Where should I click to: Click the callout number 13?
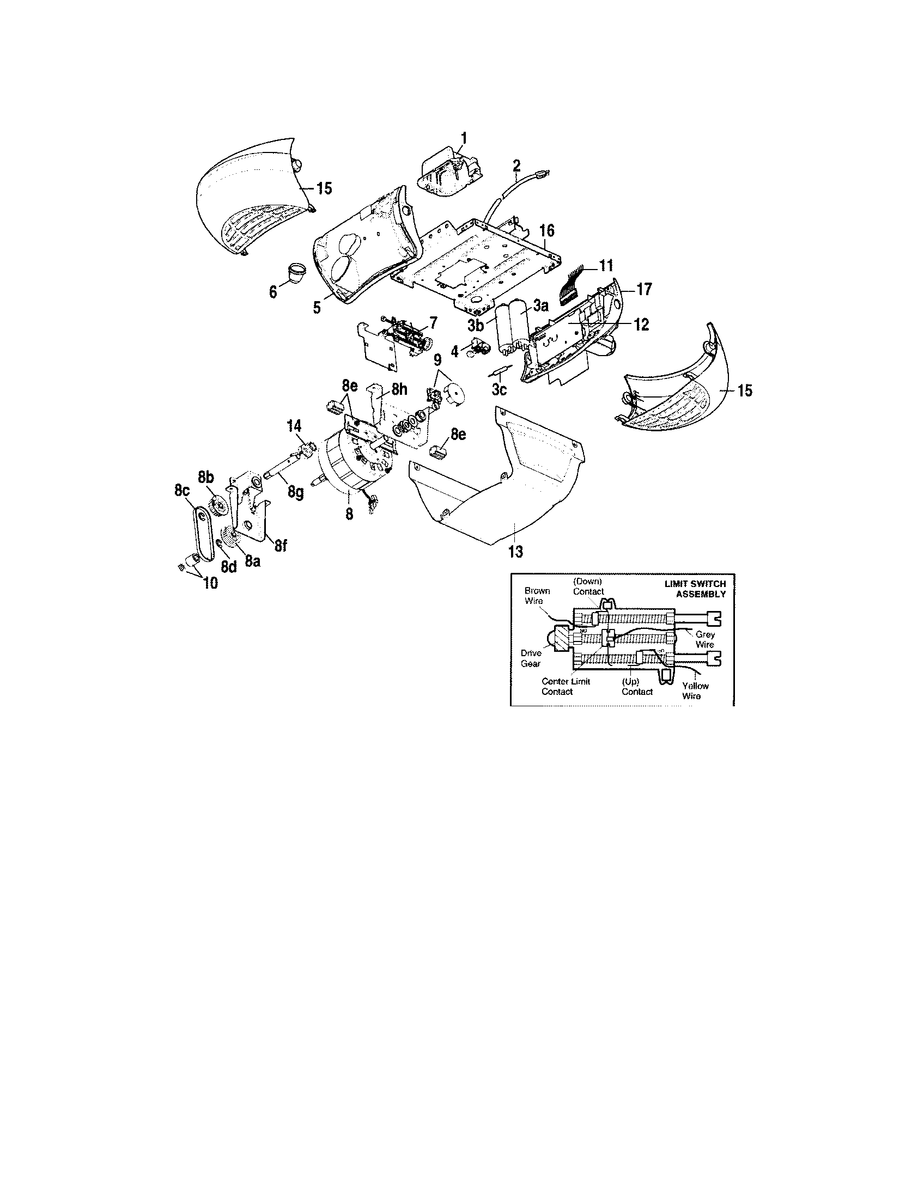[x=516, y=552]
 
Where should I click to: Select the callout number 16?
[x=546, y=230]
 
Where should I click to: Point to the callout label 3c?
[x=499, y=390]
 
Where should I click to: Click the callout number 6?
[x=273, y=292]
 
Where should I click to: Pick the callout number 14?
[x=294, y=426]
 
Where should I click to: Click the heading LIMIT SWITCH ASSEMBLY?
[x=695, y=589]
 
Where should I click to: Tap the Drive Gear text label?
[x=531, y=658]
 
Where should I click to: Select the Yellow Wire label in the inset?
[x=695, y=690]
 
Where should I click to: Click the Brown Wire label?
[x=537, y=596]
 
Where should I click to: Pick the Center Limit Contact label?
[x=565, y=686]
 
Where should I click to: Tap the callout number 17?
[x=643, y=289]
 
